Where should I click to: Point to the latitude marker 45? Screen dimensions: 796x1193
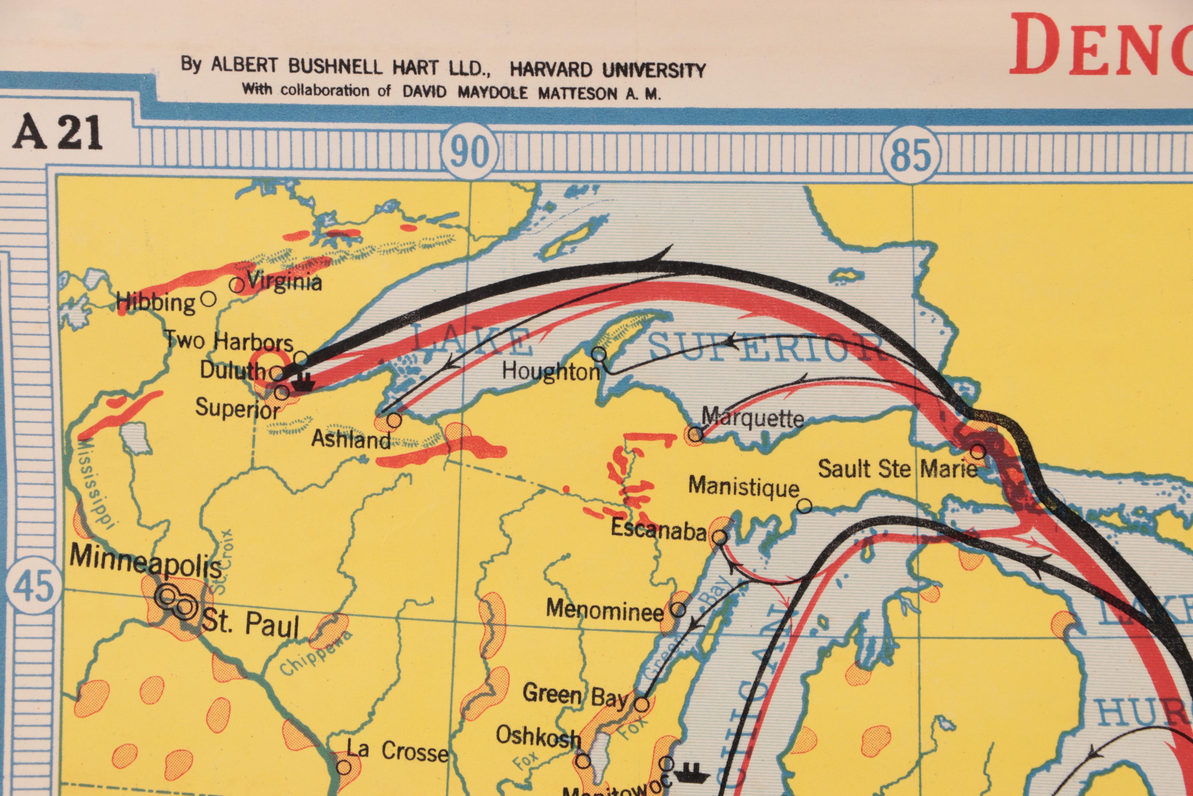pyautogui.click(x=34, y=585)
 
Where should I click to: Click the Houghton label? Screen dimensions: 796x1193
pyautogui.click(x=551, y=372)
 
